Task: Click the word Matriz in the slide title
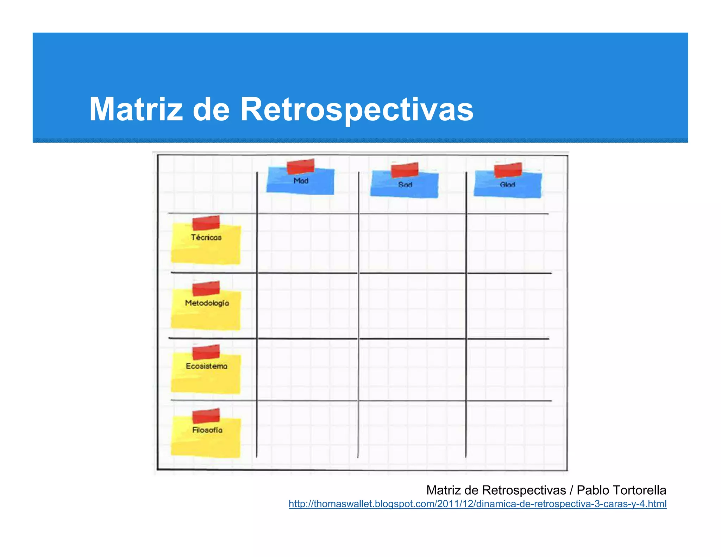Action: (x=136, y=109)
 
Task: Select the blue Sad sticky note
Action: (x=405, y=186)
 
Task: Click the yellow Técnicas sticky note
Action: (x=206, y=245)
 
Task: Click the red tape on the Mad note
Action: (x=300, y=166)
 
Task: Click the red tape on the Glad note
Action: (x=508, y=170)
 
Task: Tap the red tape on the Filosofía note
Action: (x=206, y=415)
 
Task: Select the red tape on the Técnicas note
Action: (x=206, y=223)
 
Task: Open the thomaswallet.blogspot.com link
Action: (x=477, y=504)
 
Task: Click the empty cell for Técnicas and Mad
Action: (x=308, y=243)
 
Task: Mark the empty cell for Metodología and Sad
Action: (x=412, y=306)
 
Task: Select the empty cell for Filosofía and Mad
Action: (x=308, y=430)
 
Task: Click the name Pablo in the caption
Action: (x=593, y=490)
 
